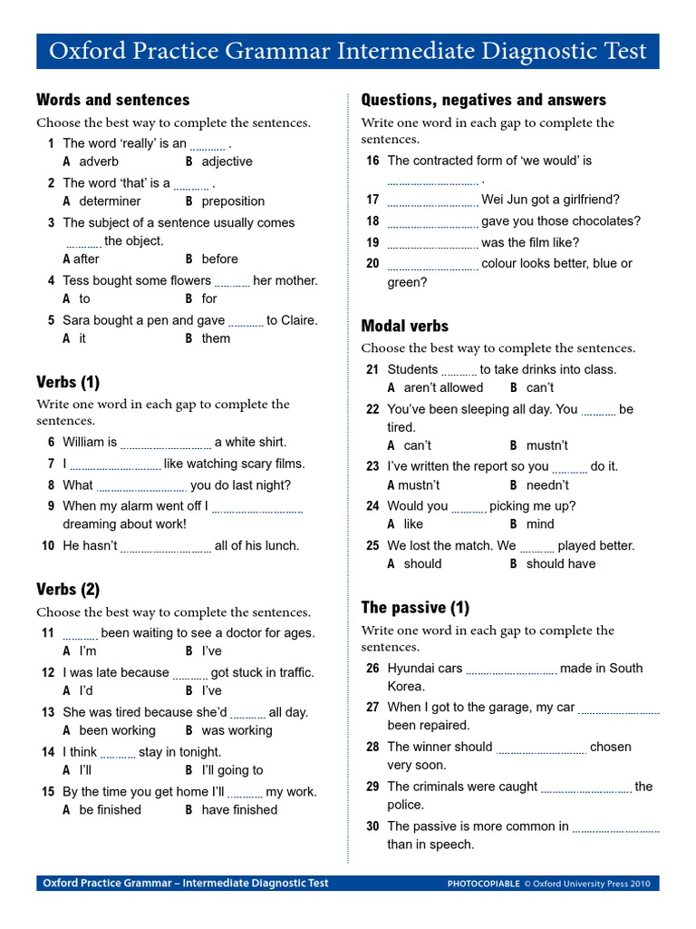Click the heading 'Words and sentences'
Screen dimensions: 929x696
point(112,100)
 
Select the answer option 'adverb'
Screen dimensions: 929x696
point(98,161)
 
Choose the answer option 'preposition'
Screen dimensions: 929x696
point(233,201)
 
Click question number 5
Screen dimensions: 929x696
point(52,320)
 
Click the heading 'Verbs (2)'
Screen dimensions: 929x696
point(68,590)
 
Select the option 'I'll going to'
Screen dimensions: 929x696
point(232,770)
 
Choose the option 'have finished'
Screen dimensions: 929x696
point(239,810)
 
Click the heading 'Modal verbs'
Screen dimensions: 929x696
point(404,326)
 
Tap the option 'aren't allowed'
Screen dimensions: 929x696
point(443,387)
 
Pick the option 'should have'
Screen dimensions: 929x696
point(561,563)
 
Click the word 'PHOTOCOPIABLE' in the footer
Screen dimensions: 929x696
point(484,884)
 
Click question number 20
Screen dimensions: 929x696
point(372,264)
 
